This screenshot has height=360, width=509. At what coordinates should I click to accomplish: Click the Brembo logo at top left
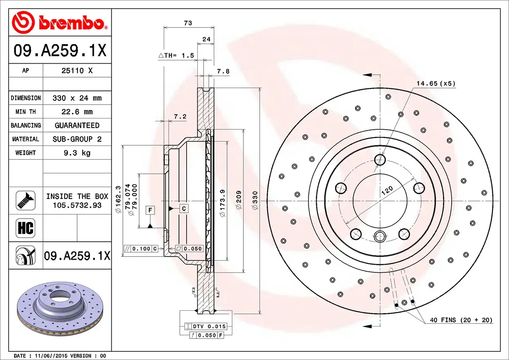click(x=60, y=22)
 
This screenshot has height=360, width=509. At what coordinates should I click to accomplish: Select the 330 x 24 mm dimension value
click(x=77, y=98)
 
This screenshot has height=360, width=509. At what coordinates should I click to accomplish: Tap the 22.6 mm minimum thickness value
click(x=77, y=112)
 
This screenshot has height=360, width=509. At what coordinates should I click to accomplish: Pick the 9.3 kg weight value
click(x=77, y=153)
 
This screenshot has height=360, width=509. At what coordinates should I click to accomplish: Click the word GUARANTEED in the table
click(x=77, y=125)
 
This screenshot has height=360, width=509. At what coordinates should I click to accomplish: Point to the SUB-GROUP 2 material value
click(x=77, y=139)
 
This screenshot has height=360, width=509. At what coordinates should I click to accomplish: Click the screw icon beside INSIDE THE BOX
click(x=25, y=200)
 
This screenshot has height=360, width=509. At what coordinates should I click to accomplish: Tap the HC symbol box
click(x=25, y=228)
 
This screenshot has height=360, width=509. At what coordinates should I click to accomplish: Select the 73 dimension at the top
click(x=188, y=23)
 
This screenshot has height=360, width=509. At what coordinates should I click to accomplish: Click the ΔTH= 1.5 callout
click(x=176, y=56)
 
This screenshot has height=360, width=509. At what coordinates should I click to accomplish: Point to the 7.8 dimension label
click(x=223, y=72)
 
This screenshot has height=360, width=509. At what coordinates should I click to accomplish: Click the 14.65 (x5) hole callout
click(x=436, y=84)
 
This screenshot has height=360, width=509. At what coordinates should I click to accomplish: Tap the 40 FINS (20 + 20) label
click(x=461, y=320)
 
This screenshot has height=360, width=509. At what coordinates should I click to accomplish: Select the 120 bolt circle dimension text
click(x=387, y=190)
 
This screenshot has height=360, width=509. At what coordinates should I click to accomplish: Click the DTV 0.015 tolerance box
click(x=209, y=326)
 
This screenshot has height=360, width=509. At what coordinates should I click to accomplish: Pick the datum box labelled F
click(x=150, y=210)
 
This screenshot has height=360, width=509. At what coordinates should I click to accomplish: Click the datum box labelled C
click(x=184, y=208)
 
